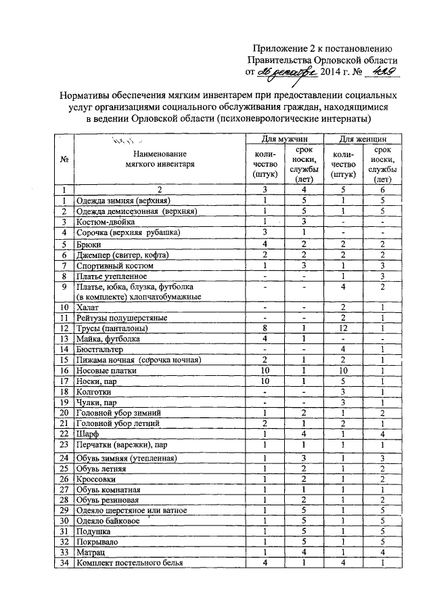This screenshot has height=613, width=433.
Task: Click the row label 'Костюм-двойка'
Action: click(106, 222)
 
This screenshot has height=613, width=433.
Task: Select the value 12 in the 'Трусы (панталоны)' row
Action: click(344, 329)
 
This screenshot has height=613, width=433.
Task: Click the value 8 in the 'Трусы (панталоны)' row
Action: click(266, 329)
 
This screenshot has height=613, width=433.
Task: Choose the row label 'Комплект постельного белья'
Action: click(129, 564)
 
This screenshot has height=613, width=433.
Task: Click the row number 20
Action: click(64, 413)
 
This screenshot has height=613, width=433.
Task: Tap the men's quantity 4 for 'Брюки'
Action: click(266, 244)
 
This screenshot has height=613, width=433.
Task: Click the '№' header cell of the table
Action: click(64, 160)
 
